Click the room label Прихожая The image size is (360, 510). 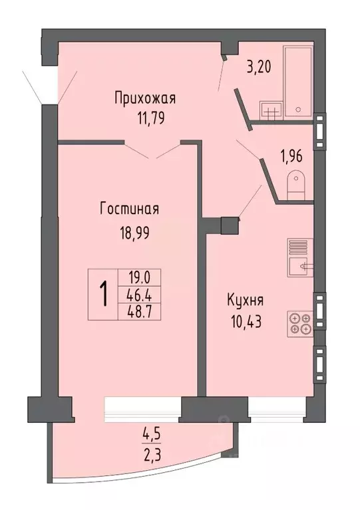click(144, 100)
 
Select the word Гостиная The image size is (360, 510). click(129, 209)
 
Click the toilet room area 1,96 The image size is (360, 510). click(290, 158)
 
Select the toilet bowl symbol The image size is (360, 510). click(295, 184)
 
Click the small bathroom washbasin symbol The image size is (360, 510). click(271, 111)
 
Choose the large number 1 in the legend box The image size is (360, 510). click(104, 294)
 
